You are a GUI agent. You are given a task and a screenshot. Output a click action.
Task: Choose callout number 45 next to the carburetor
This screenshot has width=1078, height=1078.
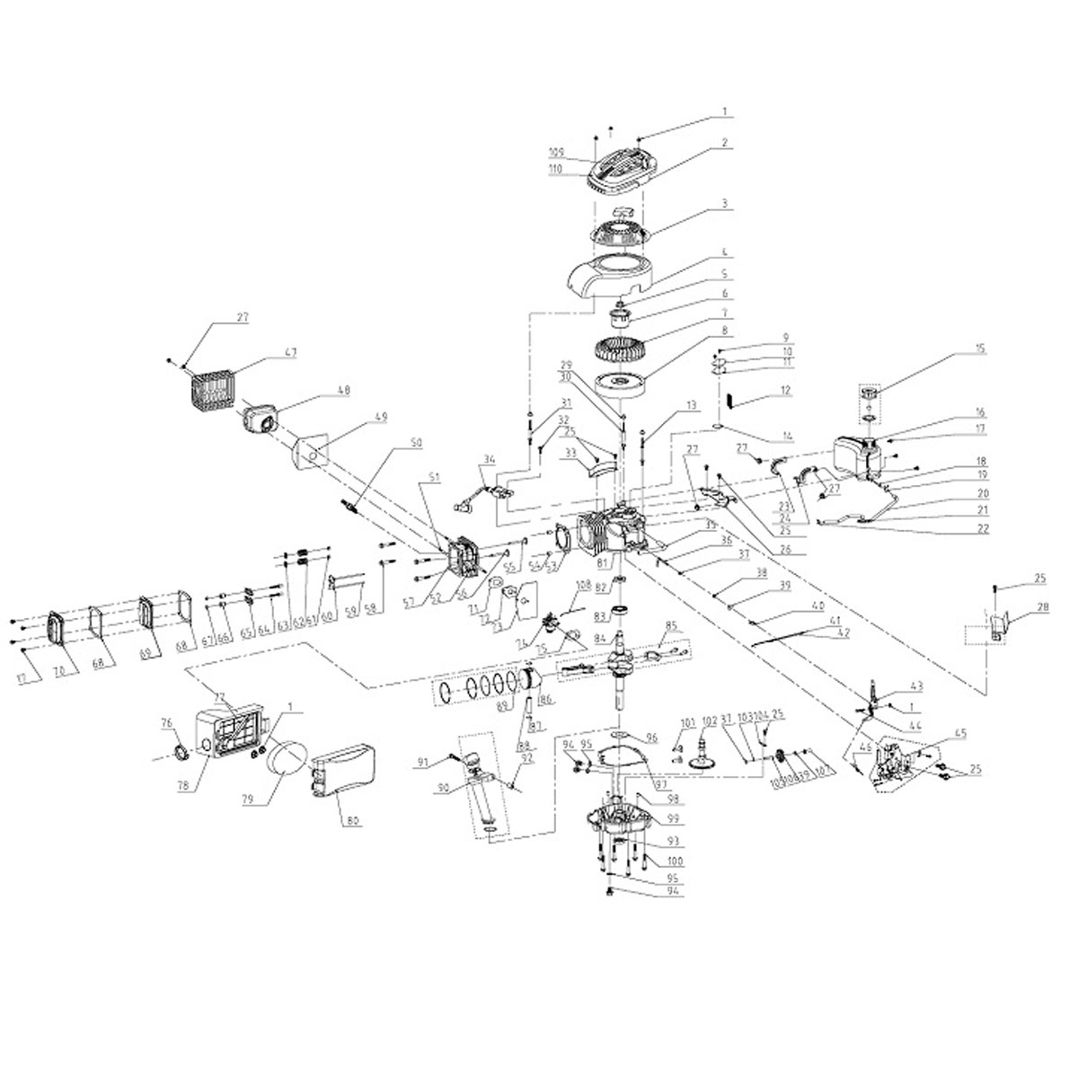937,732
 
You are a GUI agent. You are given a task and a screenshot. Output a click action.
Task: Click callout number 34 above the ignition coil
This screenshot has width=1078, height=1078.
488,461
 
